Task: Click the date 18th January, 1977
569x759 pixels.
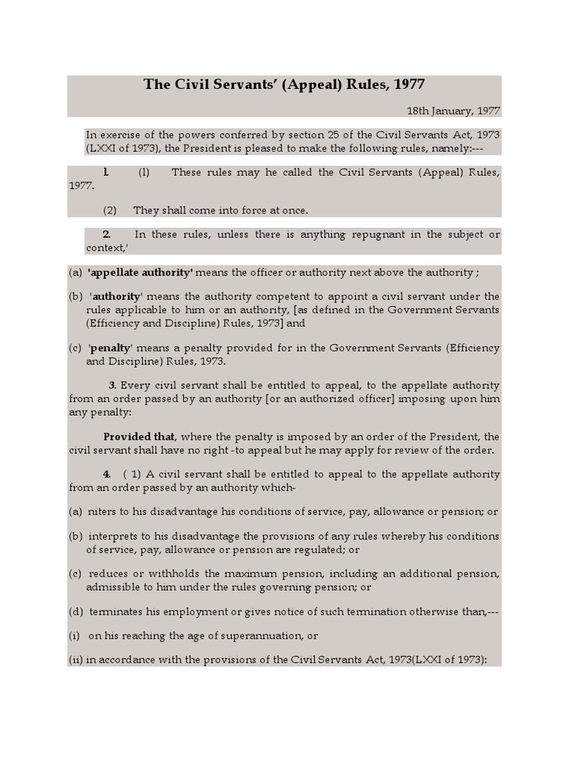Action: [x=453, y=110]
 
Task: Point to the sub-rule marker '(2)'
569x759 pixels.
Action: [x=110, y=211]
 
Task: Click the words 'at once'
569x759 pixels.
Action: [x=290, y=211]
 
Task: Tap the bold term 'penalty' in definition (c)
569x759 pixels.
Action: [x=110, y=348]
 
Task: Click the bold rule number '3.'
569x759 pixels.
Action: [x=113, y=385]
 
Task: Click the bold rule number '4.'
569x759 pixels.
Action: [x=107, y=474]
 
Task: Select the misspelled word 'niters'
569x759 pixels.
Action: [x=102, y=512]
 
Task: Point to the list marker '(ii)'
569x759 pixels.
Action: [x=75, y=660]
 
